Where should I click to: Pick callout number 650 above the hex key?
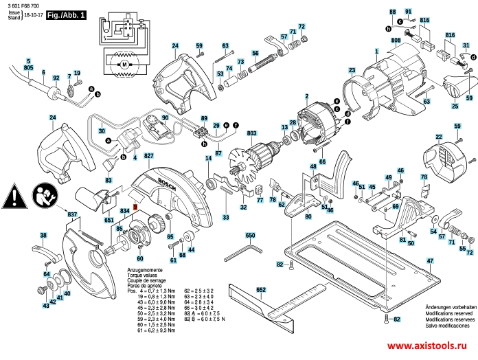point(250,235)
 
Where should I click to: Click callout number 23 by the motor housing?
point(351,70)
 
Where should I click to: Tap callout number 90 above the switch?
point(164,119)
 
